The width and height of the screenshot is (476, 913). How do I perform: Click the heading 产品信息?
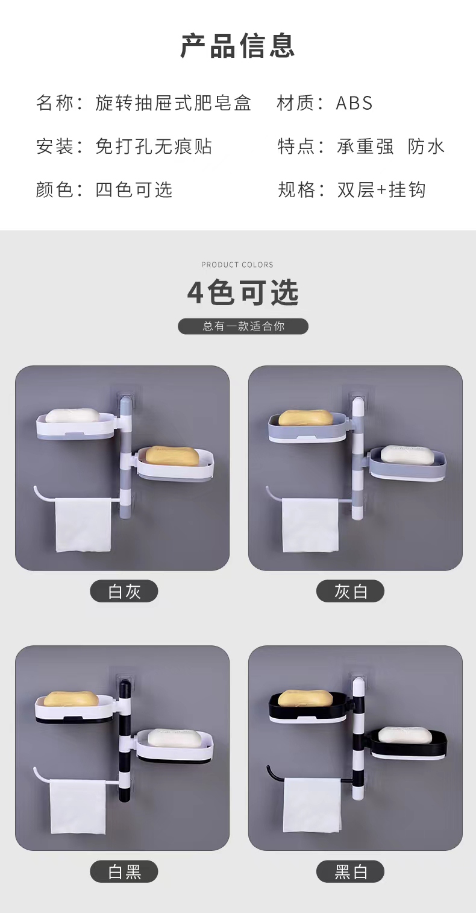[238, 46]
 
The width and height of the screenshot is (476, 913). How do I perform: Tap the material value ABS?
[354, 103]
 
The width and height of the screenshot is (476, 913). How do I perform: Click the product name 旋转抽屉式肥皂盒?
[173, 103]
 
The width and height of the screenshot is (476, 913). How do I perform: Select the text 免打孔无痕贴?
[154, 147]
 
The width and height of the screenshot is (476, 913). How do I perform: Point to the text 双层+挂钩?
[381, 190]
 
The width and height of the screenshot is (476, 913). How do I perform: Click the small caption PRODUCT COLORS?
[237, 265]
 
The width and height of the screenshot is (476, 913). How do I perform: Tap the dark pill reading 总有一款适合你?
[243, 326]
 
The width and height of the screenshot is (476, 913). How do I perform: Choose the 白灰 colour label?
[124, 591]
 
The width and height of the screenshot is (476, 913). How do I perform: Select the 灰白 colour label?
[351, 591]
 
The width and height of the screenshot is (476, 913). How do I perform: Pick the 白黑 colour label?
[124, 871]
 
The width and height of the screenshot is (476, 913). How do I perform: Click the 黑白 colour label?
[351, 871]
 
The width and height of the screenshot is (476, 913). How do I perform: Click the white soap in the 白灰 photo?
[72, 415]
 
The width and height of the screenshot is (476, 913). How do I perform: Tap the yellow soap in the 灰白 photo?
[305, 417]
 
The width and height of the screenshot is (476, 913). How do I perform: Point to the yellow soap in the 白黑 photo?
[71, 698]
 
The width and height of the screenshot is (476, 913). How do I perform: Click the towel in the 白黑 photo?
[78, 806]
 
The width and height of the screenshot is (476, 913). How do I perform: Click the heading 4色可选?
[243, 293]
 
